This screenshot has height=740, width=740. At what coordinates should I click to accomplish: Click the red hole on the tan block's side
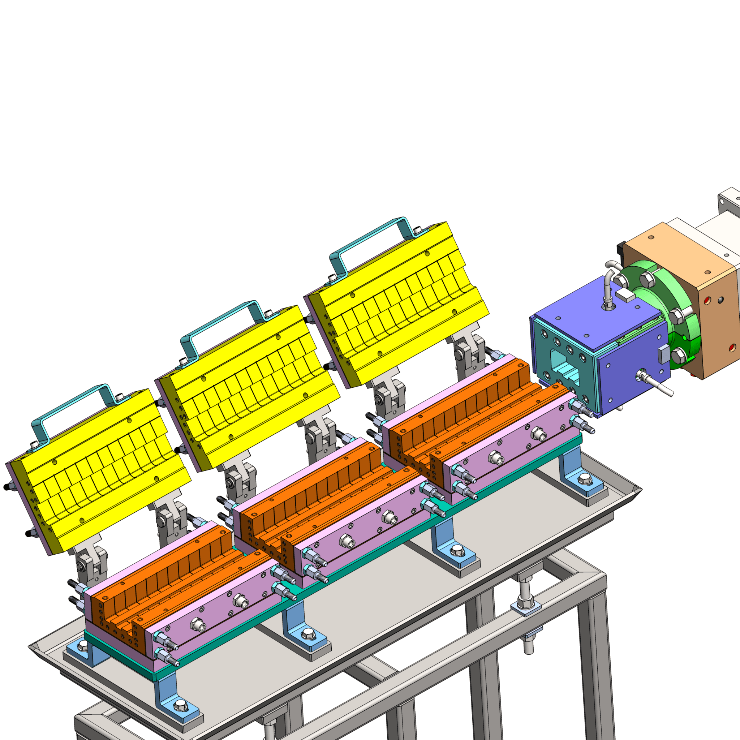pos(732,347)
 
